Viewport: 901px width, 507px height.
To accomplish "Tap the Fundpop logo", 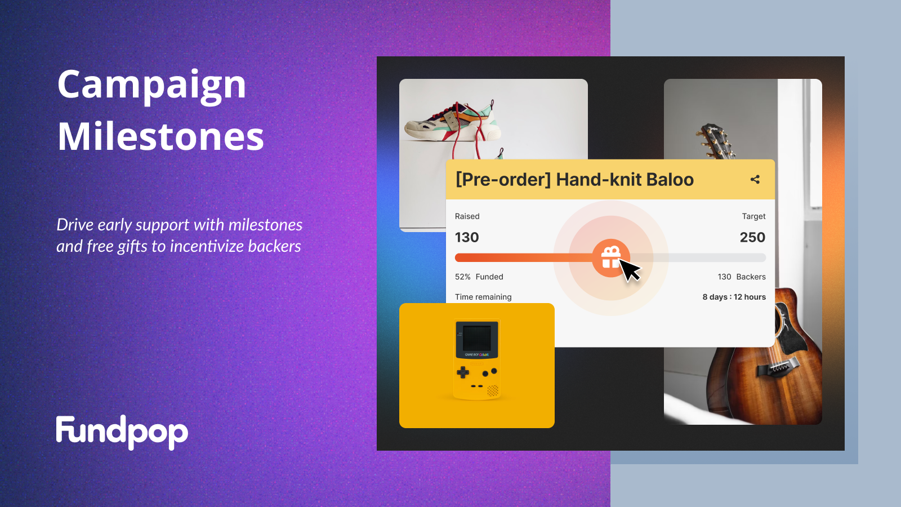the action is (122, 433).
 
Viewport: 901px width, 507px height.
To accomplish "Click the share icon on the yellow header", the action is (755, 180).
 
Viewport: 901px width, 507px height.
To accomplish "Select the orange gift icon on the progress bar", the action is (611, 258).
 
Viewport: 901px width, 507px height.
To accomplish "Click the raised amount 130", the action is (467, 237).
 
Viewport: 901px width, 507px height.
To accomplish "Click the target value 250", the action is (752, 237).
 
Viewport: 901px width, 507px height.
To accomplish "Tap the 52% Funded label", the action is (479, 277).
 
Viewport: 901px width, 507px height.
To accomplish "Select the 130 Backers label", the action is (742, 277).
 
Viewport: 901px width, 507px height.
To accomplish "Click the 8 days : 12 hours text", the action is (734, 297).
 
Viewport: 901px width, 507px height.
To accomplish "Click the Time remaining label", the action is (483, 297).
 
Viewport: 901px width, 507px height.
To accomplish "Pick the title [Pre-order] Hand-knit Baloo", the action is (575, 180).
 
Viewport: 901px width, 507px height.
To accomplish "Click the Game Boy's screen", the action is (476, 338).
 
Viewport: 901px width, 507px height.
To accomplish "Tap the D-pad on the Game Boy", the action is (462, 372).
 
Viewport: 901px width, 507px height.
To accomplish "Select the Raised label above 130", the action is (467, 216).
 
